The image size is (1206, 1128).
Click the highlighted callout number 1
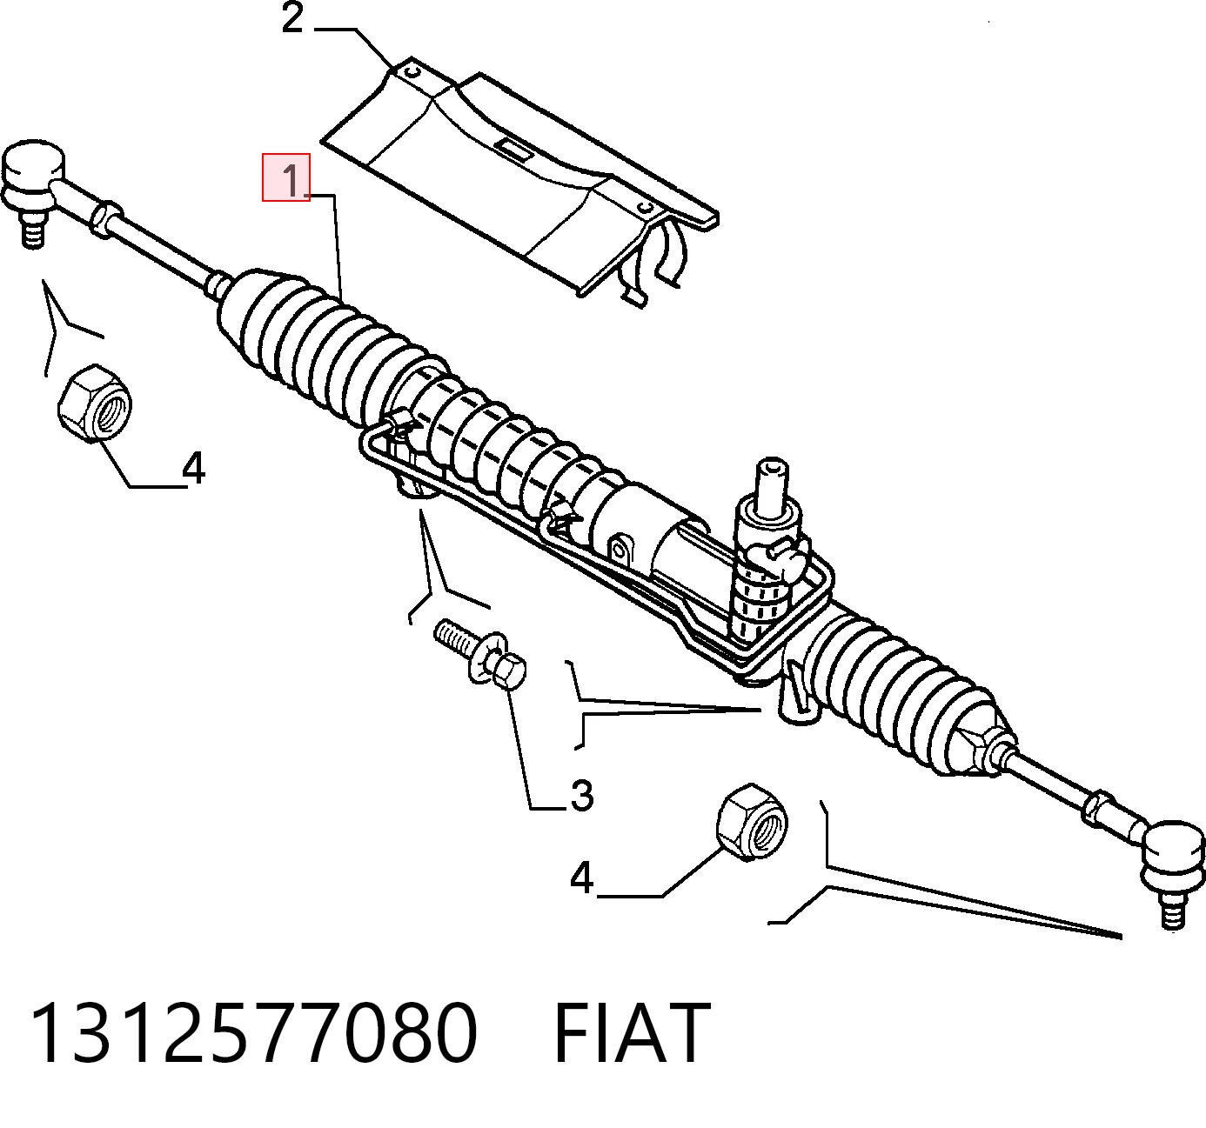(x=292, y=180)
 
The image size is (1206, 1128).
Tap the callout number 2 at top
(x=292, y=19)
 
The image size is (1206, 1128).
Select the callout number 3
(x=581, y=796)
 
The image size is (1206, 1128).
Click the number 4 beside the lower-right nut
(x=581, y=878)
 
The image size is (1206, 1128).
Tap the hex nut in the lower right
(x=752, y=821)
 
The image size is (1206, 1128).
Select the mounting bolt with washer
(x=481, y=656)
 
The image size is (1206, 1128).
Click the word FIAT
(x=632, y=1032)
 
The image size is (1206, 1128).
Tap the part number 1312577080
(x=255, y=1032)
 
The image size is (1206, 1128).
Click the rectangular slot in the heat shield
(x=513, y=150)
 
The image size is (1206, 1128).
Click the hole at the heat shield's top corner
(x=413, y=71)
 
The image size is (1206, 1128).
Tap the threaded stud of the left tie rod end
(x=32, y=230)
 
